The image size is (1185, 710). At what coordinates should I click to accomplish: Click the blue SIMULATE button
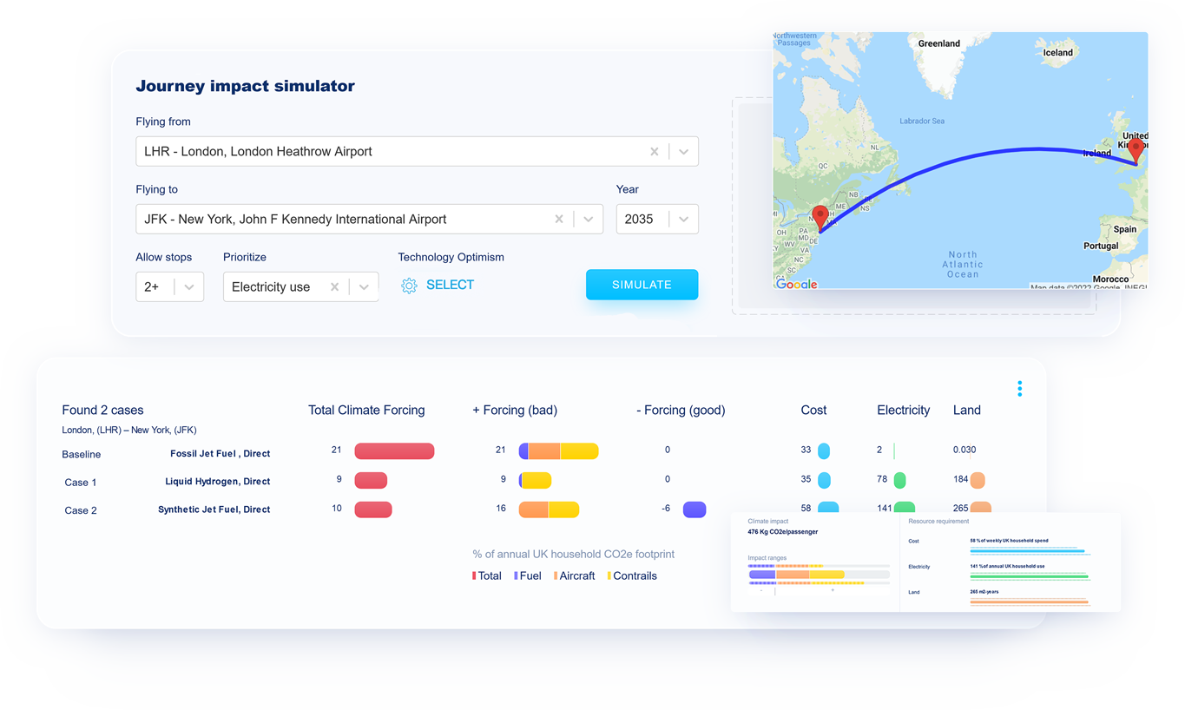pos(642,285)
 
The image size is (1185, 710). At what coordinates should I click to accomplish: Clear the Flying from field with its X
pos(655,151)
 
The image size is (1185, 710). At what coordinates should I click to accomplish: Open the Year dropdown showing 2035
pos(683,220)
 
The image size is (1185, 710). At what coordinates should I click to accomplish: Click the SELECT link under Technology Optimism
pos(449,285)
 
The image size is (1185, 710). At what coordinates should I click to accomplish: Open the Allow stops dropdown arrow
pos(188,287)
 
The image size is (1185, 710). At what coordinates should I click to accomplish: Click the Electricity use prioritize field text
pos(271,287)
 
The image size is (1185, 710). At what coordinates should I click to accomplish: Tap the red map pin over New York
pos(820,216)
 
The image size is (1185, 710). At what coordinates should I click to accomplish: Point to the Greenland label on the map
pos(938,43)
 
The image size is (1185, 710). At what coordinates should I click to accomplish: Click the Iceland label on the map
pos(1057,53)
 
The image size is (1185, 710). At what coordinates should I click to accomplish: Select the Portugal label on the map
pos(1101,246)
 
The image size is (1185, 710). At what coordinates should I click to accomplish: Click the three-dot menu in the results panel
pos(1019,389)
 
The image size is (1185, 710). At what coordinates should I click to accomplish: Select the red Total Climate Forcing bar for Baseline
pos(394,450)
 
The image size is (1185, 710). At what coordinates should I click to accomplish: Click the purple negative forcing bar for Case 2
pos(695,509)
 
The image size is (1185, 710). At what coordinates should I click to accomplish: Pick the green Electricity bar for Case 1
pos(900,480)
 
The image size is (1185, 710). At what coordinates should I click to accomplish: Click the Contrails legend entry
pos(634,575)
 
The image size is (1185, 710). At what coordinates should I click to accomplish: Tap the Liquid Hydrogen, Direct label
pos(217,482)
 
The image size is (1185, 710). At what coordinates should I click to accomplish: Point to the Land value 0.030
pos(964,450)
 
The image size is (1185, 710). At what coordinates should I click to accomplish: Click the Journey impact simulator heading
pos(245,86)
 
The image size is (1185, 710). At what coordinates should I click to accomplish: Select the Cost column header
pos(813,410)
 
